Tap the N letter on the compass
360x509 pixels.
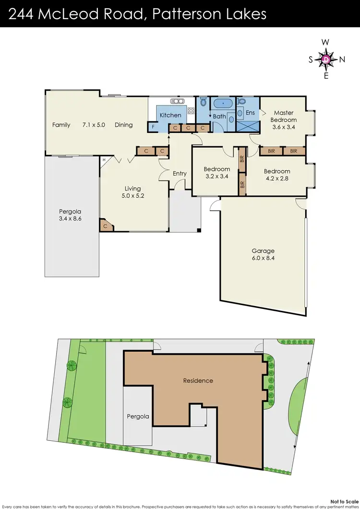[x=342, y=59]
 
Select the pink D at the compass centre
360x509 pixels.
[x=326, y=59]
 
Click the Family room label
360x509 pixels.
[x=61, y=125]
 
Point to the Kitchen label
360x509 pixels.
[x=170, y=115]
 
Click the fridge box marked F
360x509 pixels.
[x=153, y=128]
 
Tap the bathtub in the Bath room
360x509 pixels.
[x=224, y=103]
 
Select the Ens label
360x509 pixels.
[x=250, y=113]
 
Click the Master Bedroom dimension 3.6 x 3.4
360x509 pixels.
[x=283, y=128]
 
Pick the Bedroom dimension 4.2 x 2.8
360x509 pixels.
[x=277, y=179]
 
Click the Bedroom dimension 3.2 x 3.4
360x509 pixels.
[x=216, y=177]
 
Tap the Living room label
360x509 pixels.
[x=133, y=189]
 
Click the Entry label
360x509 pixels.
[x=180, y=173]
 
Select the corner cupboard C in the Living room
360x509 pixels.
[x=105, y=225]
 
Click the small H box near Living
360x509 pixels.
[x=103, y=160]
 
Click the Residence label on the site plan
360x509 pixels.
[x=198, y=380]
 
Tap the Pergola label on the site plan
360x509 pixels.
[x=138, y=416]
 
